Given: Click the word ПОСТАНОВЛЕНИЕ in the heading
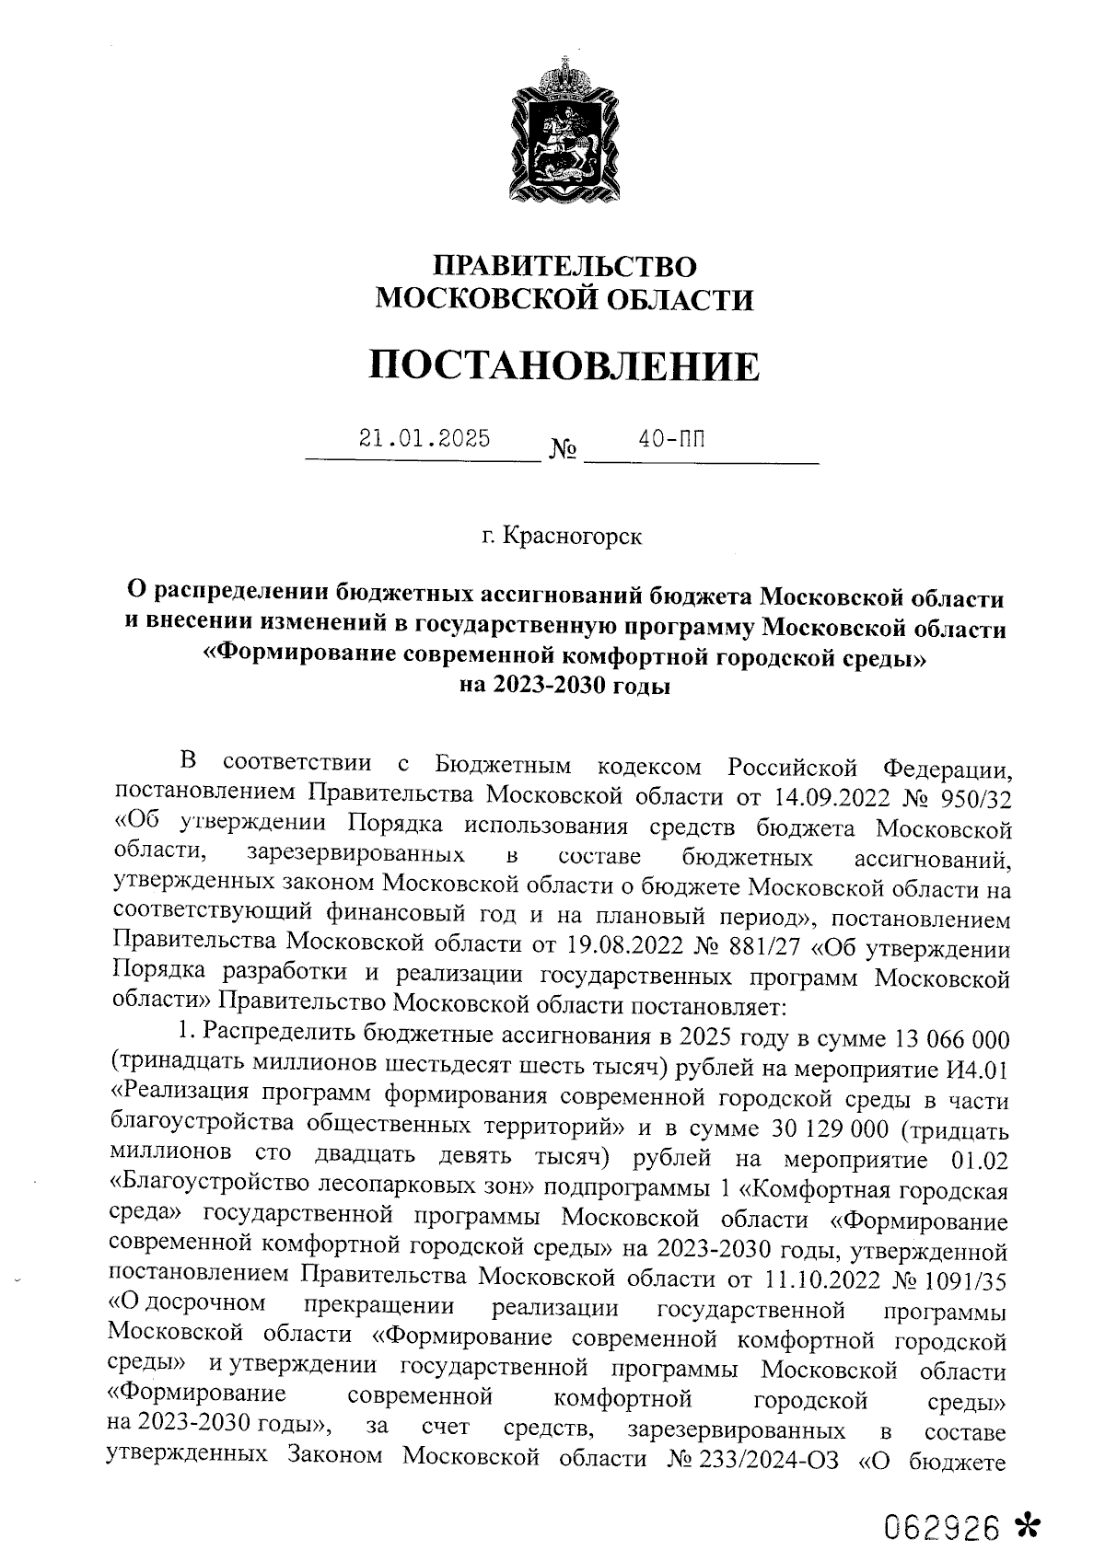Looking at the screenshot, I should coord(564,366).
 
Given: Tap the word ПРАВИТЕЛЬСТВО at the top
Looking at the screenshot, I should coord(565,267).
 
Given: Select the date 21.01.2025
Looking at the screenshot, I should coord(425,437).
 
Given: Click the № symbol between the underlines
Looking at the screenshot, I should coord(563,451).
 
